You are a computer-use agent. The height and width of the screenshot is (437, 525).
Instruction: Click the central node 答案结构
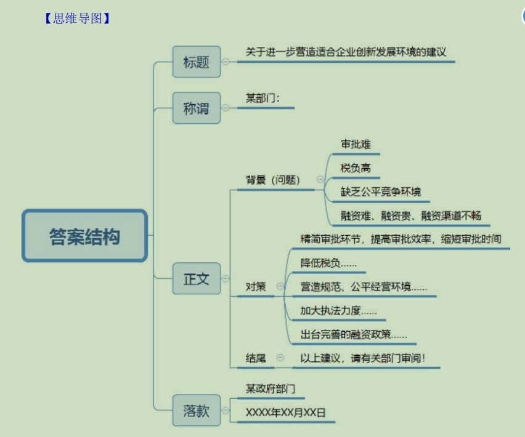coord(85,236)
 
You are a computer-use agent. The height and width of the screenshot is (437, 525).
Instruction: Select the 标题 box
coord(196,62)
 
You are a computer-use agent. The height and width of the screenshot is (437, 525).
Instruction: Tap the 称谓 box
coord(196,108)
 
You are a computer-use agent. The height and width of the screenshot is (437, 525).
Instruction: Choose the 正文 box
coord(196,279)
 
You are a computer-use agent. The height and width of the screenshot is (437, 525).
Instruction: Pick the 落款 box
coord(196,411)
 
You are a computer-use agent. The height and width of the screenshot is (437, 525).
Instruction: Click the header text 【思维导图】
coord(77,18)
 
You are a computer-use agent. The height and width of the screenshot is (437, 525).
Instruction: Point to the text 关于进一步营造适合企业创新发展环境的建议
coord(346,52)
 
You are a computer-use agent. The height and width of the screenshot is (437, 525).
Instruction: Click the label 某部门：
coord(263,98)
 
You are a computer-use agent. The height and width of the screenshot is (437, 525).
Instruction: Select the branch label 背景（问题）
coord(273,180)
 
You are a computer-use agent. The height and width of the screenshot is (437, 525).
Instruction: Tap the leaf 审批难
coord(356,145)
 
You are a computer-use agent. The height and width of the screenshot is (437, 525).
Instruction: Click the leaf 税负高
coord(356,168)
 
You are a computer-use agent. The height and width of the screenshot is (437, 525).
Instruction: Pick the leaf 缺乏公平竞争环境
coord(381,192)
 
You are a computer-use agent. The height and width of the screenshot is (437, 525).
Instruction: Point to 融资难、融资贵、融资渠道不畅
coord(411,215)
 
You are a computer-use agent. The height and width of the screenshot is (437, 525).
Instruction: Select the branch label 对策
coord(256,286)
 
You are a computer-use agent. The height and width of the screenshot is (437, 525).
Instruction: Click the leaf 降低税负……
coord(328,263)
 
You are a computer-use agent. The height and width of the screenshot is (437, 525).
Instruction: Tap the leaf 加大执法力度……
coord(338,310)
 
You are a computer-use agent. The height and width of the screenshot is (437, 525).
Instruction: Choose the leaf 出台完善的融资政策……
coord(354,334)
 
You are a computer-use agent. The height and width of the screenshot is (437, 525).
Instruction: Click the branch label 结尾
coord(256,358)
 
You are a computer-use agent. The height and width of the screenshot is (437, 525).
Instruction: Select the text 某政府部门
coord(271,388)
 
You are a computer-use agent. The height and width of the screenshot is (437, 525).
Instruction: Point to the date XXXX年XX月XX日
coord(285,412)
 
